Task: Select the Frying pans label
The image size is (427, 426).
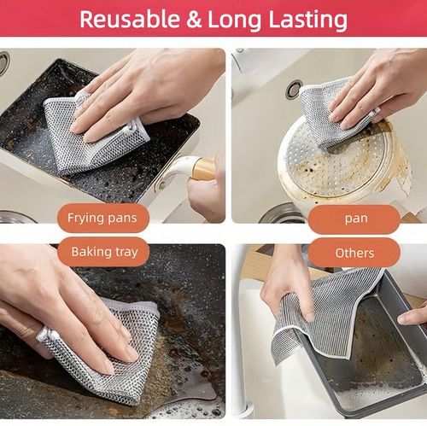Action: click(x=102, y=218)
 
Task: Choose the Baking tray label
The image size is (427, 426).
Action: click(x=102, y=252)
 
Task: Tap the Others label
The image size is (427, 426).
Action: click(x=354, y=253)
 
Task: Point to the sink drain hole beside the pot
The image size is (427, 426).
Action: click(x=294, y=89)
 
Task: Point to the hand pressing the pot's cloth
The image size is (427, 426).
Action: click(x=376, y=85)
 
